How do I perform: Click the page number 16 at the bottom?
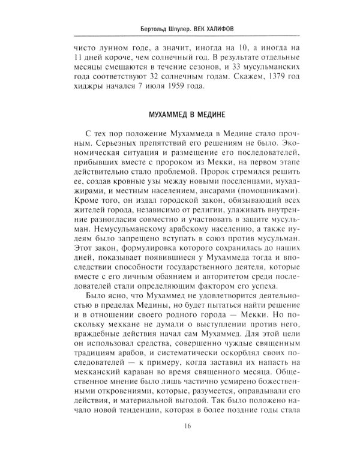pos(180,427)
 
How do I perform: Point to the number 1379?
pos(271,76)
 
